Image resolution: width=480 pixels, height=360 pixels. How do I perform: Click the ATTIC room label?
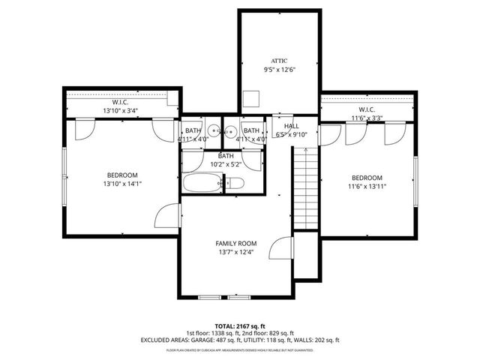point(279,60)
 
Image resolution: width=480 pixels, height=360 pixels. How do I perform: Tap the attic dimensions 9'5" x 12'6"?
point(279,70)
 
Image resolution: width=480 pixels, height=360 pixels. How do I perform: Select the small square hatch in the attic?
point(252,100)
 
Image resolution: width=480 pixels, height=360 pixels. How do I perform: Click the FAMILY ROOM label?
point(236,243)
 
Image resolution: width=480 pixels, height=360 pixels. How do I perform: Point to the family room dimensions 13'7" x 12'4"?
point(236,253)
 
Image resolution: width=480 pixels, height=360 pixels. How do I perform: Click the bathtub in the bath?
point(201,183)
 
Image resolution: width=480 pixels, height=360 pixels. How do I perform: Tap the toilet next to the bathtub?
point(234,182)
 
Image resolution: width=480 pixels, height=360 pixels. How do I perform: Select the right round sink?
point(232,130)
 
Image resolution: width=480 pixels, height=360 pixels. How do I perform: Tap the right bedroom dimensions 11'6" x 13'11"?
point(367,187)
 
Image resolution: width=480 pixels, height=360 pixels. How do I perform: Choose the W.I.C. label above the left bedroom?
point(122,101)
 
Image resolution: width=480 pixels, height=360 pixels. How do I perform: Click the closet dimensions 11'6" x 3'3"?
point(367,118)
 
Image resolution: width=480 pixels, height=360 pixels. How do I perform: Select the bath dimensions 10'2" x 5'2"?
point(225,164)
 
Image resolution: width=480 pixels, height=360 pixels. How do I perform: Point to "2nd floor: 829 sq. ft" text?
point(269,332)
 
